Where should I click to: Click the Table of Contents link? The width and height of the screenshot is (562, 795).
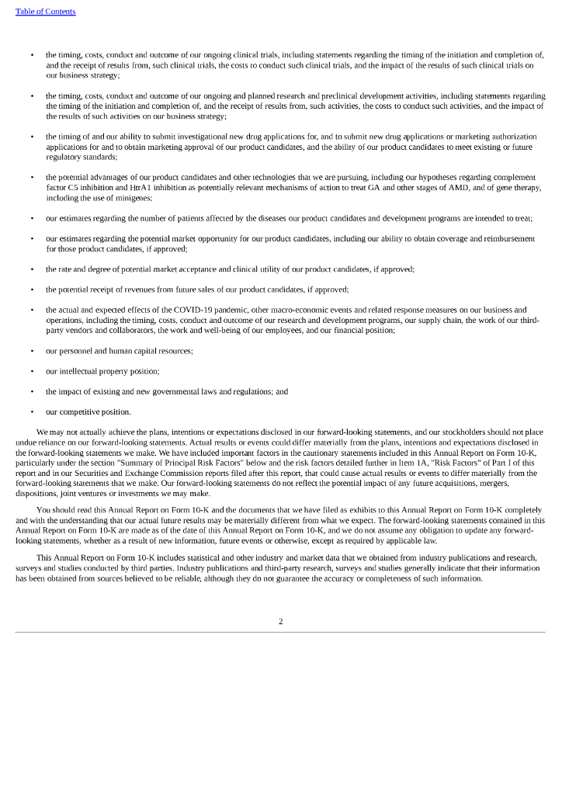(45, 12)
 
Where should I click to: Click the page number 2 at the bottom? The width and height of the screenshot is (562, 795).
(280, 621)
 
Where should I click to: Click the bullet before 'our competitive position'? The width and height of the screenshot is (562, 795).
(32, 412)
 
